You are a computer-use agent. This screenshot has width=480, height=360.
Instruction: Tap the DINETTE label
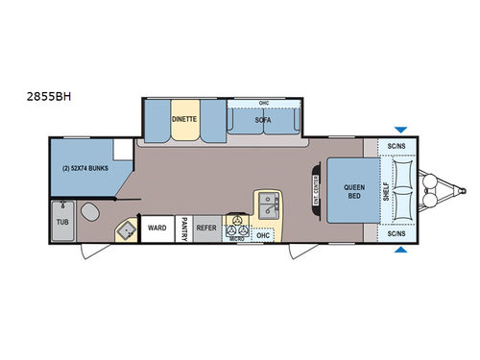[183, 119]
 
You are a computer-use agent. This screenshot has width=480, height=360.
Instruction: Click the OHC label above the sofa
[264, 103]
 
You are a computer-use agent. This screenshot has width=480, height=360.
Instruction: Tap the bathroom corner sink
[124, 229]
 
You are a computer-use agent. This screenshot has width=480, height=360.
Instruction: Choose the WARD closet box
[157, 228]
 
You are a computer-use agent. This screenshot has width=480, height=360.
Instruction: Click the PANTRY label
[183, 228]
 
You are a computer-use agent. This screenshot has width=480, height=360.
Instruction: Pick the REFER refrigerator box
[206, 228]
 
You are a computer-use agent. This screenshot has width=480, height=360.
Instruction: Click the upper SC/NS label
[396, 146]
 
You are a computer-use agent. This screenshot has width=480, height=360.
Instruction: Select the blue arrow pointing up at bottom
[399, 252]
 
